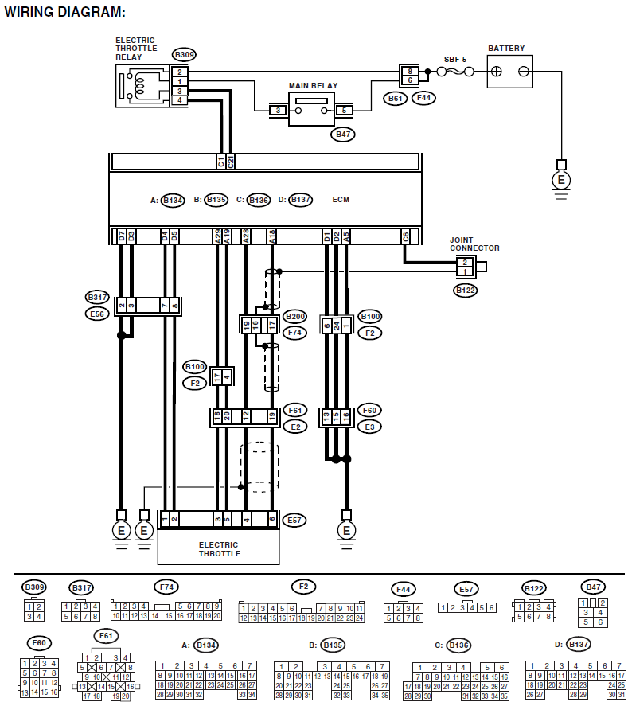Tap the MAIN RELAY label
pos(313,86)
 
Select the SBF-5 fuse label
pos(454,59)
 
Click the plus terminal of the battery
pos(496,72)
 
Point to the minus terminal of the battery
pos(524,72)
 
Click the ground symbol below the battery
pos(562,181)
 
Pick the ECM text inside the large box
pos(341,200)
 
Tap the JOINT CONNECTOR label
pos(474,244)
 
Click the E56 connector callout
pos(96,314)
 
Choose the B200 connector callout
pos(295,316)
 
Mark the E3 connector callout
pos(369,426)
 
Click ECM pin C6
pos(406,236)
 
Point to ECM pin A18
pos(273,236)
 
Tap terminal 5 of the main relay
pos(344,110)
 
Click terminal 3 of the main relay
pos(278,110)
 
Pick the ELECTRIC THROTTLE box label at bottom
pos(219,549)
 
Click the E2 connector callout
pos(294,426)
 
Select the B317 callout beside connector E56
pos(96,297)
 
